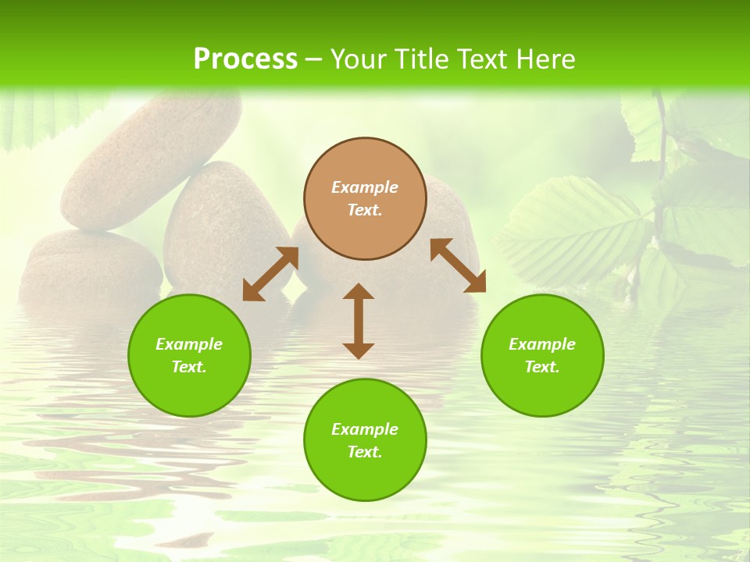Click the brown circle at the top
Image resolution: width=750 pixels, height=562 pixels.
pos(365,198)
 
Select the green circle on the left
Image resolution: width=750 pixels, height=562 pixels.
pos(189,355)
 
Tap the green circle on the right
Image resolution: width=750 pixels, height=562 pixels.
pos(542,355)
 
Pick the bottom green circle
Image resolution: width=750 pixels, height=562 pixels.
pos(365,440)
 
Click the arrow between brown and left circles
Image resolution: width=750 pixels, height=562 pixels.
pos(270,274)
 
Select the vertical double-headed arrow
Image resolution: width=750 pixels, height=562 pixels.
pos(359,321)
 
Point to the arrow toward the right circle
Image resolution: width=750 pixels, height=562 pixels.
pos(458,265)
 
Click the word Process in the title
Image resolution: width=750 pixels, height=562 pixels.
pos(245,59)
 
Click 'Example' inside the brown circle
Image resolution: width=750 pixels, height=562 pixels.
pos(365,187)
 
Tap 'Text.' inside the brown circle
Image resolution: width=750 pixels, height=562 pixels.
pos(365,210)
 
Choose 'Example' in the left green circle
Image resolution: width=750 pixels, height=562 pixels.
pos(189,344)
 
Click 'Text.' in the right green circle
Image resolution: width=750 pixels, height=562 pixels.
pos(542,367)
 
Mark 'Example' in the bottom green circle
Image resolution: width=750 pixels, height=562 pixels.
pos(365,429)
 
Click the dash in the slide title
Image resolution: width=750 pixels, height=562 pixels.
pos(314,59)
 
